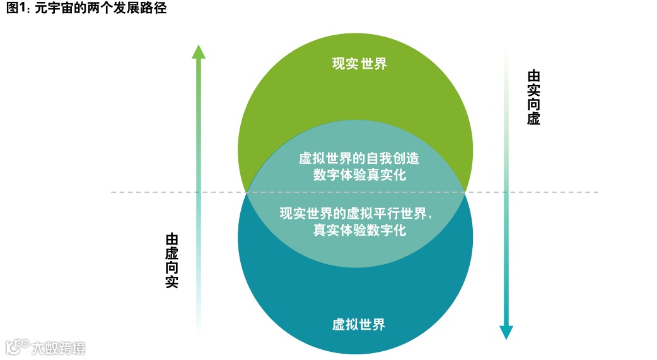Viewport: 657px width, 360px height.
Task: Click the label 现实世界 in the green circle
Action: click(x=359, y=64)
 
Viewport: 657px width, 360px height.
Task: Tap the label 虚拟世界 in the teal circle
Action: click(x=359, y=325)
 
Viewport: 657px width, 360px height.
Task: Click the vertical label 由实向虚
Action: click(x=533, y=97)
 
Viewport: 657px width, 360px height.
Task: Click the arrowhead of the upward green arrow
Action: click(x=199, y=52)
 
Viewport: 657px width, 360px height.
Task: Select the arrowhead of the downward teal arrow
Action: click(x=506, y=332)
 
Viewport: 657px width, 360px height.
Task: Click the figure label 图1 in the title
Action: click(x=15, y=9)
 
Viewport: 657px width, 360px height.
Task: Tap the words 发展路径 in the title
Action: click(x=144, y=9)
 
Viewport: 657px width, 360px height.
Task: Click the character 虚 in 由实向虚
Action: click(x=533, y=119)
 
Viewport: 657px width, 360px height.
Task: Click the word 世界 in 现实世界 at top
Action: click(x=373, y=64)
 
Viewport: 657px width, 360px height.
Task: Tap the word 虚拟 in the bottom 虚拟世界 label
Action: click(x=345, y=325)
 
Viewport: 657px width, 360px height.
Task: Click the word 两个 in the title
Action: click(x=106, y=9)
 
